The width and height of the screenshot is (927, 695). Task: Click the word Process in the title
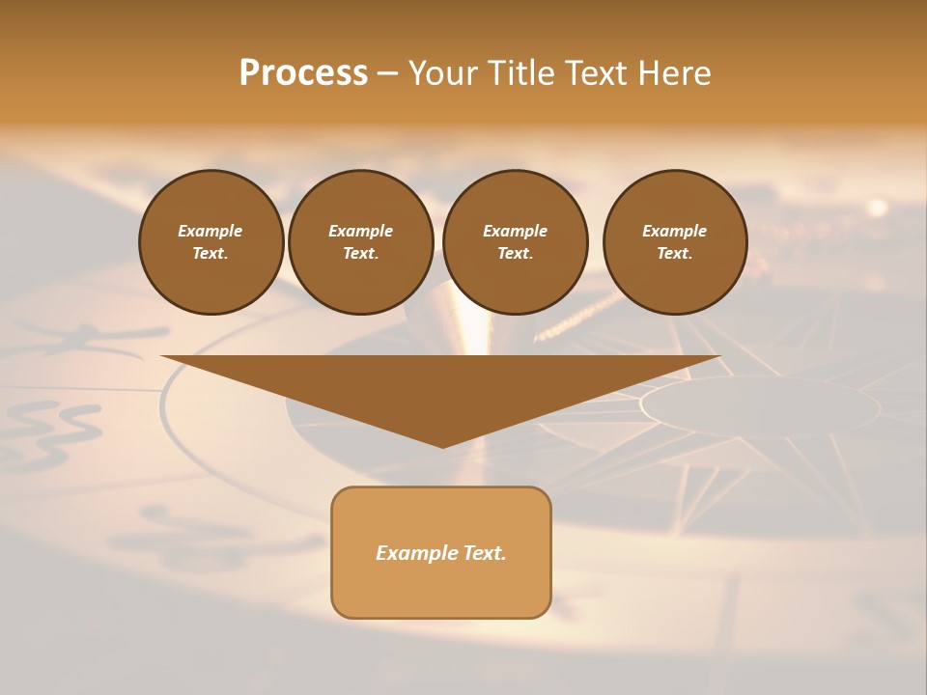[303, 73]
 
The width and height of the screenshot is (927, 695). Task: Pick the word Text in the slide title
[596, 73]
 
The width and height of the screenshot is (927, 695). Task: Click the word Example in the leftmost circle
[211, 231]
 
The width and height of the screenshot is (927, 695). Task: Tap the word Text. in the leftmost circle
[211, 253]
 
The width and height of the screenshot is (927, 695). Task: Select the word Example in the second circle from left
[360, 231]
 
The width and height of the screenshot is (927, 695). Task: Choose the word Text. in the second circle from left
[360, 253]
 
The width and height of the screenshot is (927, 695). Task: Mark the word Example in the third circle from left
[515, 231]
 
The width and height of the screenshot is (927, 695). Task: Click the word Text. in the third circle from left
[515, 253]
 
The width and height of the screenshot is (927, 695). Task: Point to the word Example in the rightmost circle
[674, 231]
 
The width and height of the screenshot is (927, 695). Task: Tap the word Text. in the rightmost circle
[674, 253]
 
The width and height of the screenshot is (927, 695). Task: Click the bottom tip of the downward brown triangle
[442, 446]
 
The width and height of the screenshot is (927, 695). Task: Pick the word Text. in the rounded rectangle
[484, 553]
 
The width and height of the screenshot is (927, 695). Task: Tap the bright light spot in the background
[877, 208]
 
